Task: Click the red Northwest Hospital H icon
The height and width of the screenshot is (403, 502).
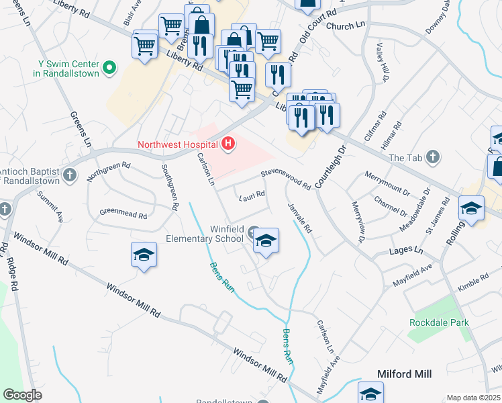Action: point(229,143)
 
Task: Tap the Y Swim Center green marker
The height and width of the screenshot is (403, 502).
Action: point(109,68)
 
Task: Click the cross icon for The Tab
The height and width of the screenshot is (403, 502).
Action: point(434,157)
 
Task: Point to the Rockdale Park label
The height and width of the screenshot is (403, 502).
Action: point(439,322)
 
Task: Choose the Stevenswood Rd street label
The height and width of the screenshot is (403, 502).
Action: point(286,178)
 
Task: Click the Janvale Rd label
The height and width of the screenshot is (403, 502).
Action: point(300,218)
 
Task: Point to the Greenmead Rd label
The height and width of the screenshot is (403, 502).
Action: point(123,214)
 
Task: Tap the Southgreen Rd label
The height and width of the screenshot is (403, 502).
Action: point(169,188)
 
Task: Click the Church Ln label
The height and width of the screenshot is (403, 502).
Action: point(344,26)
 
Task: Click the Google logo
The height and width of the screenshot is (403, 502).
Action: point(22,395)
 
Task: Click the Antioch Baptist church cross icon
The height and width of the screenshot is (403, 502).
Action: point(72,175)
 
